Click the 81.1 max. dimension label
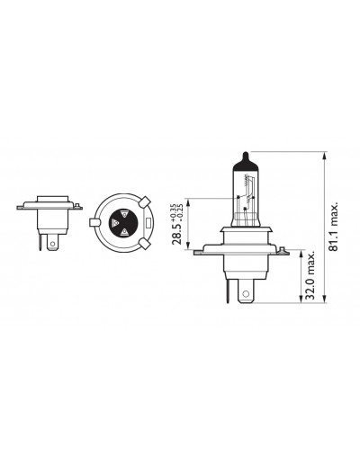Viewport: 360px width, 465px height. click(x=333, y=226)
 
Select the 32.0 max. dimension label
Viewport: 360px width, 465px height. click(x=310, y=275)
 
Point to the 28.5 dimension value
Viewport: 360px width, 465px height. click(x=176, y=233)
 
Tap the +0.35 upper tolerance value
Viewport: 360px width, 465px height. click(x=173, y=211)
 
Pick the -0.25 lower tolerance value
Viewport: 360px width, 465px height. click(x=180, y=211)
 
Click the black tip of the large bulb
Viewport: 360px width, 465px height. click(x=246, y=162)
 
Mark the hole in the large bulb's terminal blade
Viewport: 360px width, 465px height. click(x=246, y=293)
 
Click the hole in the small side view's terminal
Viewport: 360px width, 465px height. click(x=53, y=244)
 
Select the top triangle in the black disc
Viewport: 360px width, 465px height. click(x=124, y=214)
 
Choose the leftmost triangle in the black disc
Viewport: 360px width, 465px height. click(x=114, y=223)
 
